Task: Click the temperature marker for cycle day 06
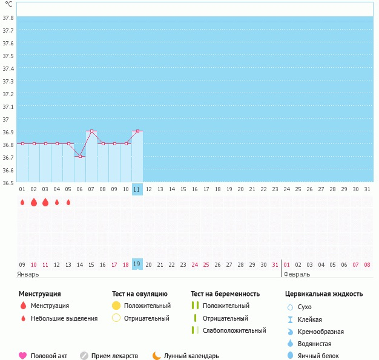80,156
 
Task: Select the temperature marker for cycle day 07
91,131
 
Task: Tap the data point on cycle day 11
137,131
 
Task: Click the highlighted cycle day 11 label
137,189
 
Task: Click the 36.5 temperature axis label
8,182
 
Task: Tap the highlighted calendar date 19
137,264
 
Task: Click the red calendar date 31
275,264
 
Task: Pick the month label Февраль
296,274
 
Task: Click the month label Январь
28,274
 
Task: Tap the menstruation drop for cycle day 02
34,202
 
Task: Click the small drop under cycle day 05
68,202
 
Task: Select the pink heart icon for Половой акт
23,356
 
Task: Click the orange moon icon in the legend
157,356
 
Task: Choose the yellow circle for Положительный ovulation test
116,306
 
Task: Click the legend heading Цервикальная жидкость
324,294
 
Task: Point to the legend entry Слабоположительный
235,330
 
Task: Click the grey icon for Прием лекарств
84,356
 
